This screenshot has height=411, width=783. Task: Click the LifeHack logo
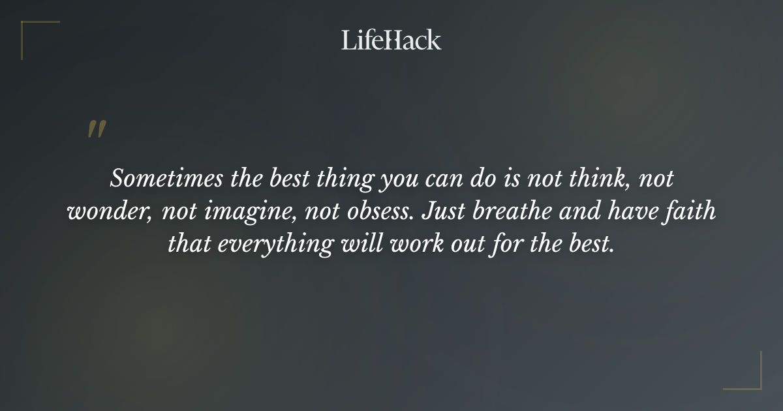(x=391, y=40)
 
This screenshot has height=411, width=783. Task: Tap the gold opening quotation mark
(x=96, y=129)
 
